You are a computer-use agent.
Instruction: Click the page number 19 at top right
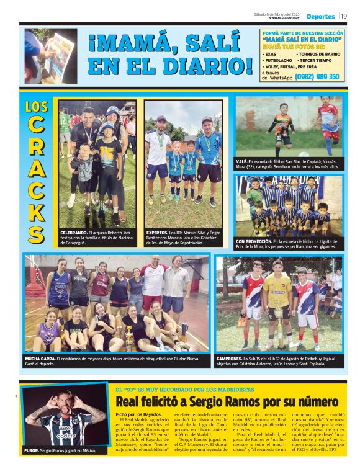(x=344, y=16)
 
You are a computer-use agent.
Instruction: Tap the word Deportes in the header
(x=320, y=16)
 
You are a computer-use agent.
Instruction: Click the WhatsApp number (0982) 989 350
(x=317, y=77)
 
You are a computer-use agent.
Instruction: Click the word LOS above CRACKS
(x=36, y=106)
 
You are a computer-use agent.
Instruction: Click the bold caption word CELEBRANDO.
(x=74, y=232)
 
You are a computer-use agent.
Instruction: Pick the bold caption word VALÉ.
(x=242, y=161)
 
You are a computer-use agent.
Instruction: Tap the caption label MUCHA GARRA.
(x=40, y=358)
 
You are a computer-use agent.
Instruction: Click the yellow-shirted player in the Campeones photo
(x=277, y=298)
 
